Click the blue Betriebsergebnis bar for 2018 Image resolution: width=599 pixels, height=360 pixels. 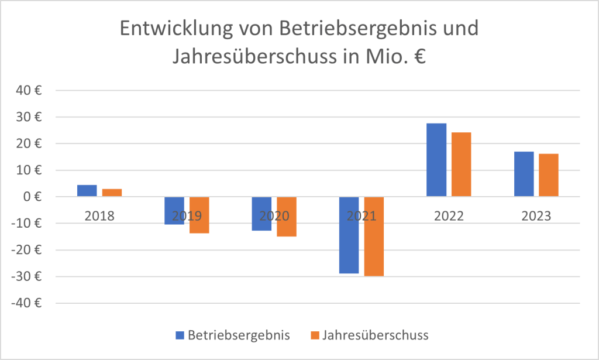tap(87, 191)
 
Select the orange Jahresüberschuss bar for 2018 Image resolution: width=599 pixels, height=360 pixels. tap(112, 193)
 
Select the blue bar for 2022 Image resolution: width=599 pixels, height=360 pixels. tap(436, 160)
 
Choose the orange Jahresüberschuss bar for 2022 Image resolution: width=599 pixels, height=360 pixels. tap(461, 164)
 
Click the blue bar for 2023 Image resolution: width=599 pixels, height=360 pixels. tap(524, 174)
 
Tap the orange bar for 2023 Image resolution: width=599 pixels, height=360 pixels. tap(549, 175)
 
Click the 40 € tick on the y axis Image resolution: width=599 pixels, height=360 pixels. tap(30, 91)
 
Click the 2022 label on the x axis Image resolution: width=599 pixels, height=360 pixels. tap(449, 215)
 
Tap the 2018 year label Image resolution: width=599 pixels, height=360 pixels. tap(99, 215)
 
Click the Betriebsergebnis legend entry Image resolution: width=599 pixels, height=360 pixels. tap(234, 335)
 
